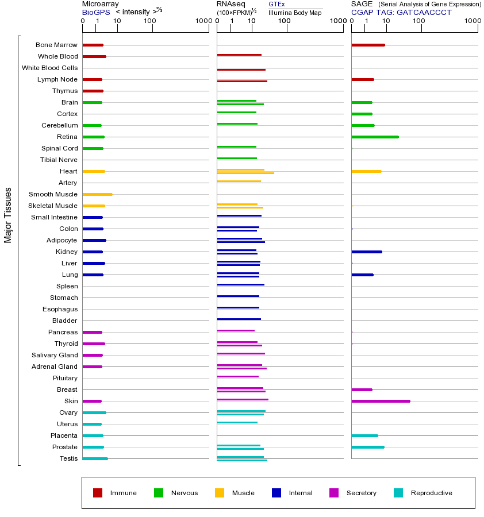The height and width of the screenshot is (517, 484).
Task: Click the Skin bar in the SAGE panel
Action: (381, 401)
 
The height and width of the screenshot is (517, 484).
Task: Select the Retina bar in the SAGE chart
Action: (375, 137)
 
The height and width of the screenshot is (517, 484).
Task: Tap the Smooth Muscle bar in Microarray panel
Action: (97, 194)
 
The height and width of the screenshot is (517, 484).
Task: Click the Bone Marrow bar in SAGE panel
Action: (368, 45)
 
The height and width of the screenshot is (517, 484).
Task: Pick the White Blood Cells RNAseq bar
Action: (241, 70)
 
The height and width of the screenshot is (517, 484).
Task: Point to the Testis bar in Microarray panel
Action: (95, 458)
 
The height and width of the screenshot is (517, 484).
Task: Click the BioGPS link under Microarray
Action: (93, 12)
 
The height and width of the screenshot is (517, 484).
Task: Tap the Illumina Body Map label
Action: (295, 13)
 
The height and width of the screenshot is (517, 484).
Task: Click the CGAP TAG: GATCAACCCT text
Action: (401, 12)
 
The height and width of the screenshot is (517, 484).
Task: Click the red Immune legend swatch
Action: (98, 493)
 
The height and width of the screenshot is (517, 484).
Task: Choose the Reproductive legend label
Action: (431, 493)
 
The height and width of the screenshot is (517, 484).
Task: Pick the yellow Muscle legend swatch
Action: (220, 493)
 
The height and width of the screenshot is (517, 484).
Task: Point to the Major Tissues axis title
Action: (8, 215)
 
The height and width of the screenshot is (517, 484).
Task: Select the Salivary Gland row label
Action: (55, 355)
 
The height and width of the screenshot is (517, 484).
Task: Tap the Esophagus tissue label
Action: (60, 309)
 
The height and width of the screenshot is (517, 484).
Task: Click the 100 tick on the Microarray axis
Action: (150, 21)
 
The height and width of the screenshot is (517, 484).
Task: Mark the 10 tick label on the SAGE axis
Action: (386, 21)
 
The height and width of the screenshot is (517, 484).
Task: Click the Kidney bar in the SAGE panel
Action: (366, 252)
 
